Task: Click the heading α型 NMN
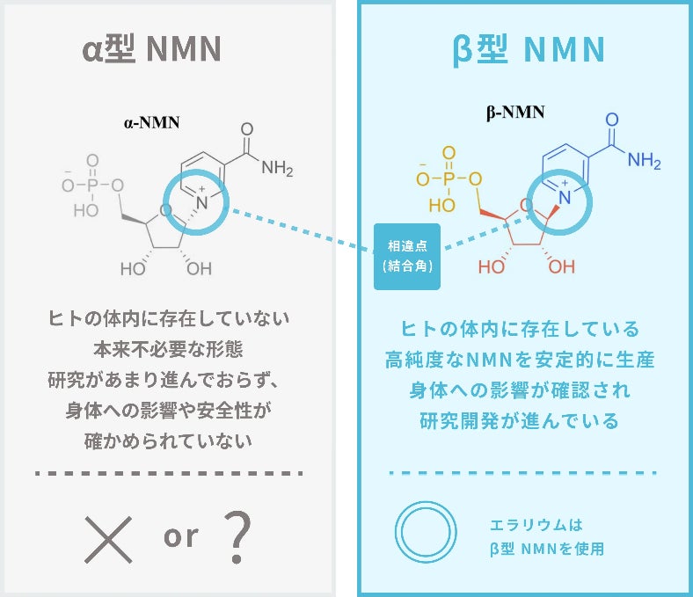(150, 50)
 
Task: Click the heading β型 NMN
(523, 50)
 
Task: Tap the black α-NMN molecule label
(151, 122)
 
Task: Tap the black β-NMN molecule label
(515, 112)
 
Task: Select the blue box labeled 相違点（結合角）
(407, 256)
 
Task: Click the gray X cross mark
(109, 537)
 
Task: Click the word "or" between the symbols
(180, 535)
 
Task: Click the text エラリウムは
(536, 526)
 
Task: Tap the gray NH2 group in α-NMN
(277, 169)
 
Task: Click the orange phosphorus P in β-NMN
(449, 178)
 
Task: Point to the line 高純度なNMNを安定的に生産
(520, 360)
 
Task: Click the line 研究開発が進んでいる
(520, 421)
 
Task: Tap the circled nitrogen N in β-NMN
(564, 198)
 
